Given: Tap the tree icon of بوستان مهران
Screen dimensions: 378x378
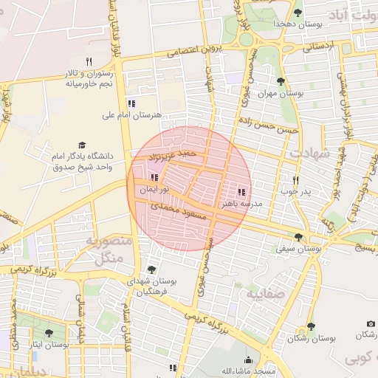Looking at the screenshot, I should (x=280, y=81).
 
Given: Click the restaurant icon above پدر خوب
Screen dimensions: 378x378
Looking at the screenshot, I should (x=295, y=180).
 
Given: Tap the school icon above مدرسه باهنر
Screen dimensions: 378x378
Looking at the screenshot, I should (x=241, y=191).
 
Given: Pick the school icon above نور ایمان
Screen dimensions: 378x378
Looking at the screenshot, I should (x=154, y=177).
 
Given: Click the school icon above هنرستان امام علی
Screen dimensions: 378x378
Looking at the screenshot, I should (x=131, y=103).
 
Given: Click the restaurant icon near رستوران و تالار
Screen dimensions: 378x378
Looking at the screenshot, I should (x=89, y=61).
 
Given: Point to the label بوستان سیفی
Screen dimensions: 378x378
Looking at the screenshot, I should (x=299, y=250).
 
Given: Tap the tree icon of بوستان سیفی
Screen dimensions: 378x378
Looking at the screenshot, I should (x=298, y=237).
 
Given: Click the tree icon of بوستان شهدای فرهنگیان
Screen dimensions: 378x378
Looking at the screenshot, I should (x=151, y=269).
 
